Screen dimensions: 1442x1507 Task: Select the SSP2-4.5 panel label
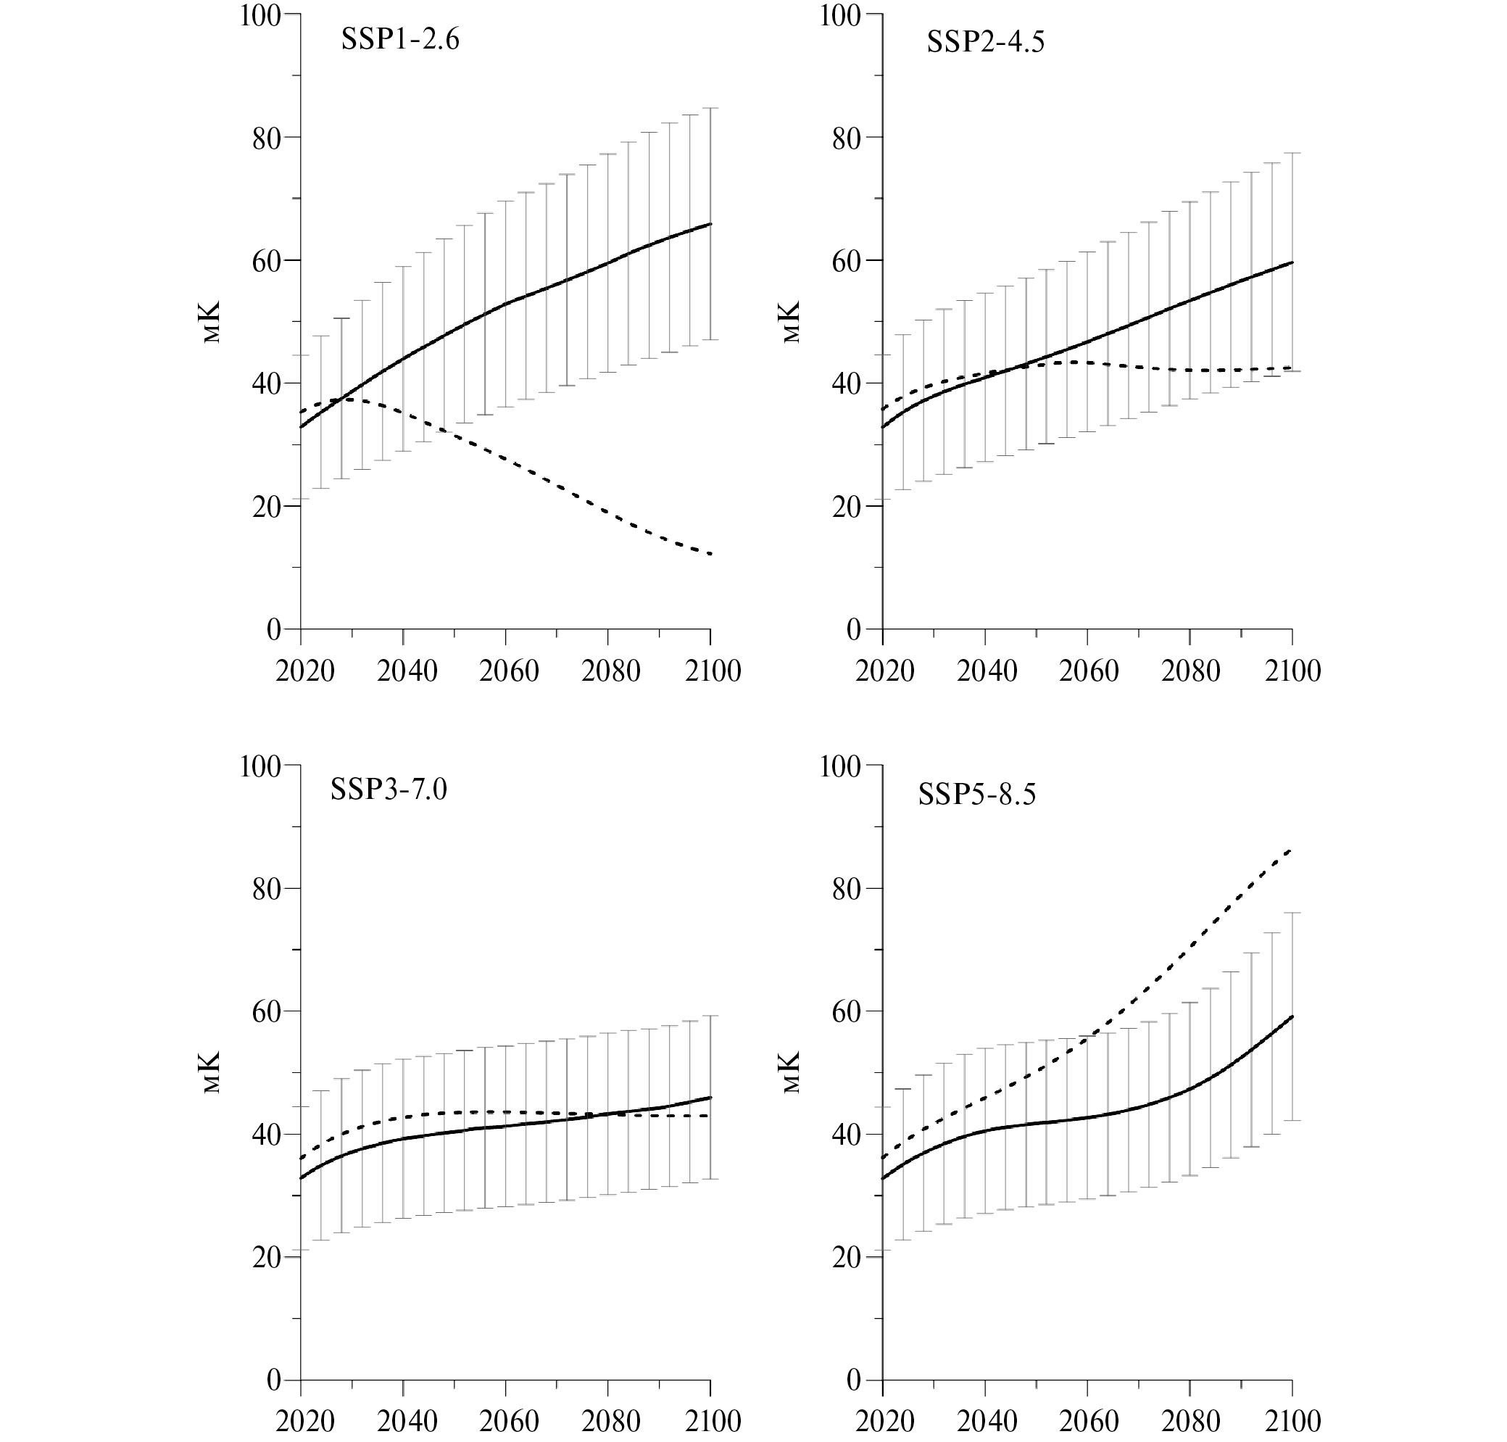[x=985, y=41]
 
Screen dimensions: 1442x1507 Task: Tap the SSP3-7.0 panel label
[x=388, y=790]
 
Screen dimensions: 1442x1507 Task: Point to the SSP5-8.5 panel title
[x=976, y=794]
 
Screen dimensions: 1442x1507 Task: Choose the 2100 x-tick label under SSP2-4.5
[x=1291, y=672]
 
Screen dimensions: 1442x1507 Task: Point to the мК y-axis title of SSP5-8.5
[x=792, y=1072]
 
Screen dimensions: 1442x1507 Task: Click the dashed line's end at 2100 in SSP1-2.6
[x=710, y=554]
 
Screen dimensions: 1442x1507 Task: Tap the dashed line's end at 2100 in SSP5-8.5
[x=1291, y=850]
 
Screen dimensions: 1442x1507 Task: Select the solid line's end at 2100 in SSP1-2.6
[x=710, y=224]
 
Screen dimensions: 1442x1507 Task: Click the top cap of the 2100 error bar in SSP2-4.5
[x=1292, y=153]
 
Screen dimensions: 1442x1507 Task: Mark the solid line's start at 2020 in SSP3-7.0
[x=301, y=1178]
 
